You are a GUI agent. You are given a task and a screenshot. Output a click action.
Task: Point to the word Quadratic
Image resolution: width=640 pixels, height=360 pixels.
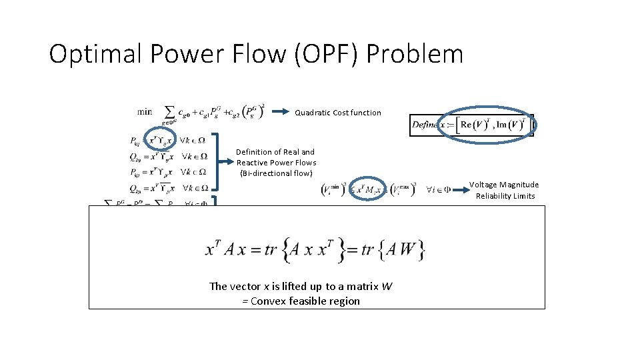click(x=313, y=113)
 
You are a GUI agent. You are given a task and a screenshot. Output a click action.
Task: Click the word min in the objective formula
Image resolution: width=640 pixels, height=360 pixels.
click(x=145, y=111)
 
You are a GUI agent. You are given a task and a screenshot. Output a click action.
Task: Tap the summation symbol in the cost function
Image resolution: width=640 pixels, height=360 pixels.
click(x=170, y=111)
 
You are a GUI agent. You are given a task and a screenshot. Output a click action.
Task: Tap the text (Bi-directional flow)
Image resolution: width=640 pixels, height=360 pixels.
click(x=276, y=173)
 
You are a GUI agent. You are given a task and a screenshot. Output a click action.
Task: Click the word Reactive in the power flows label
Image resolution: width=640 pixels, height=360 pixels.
click(x=251, y=163)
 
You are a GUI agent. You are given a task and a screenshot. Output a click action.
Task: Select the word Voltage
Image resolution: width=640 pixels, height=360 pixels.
click(x=485, y=185)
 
